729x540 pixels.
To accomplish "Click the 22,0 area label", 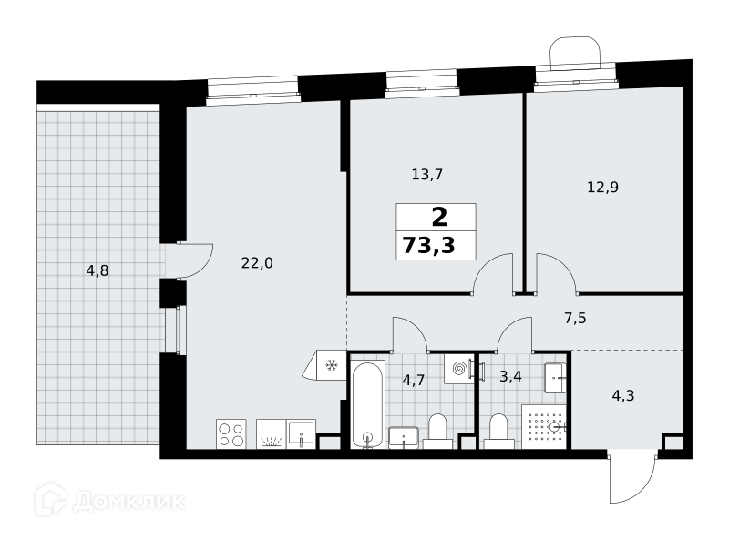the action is pos(257,263).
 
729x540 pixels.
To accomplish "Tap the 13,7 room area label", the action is pos(427,175).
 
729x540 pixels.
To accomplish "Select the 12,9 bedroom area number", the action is pos(603,188).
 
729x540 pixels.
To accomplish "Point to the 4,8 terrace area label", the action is pos(98,270).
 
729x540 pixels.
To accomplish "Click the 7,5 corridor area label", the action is pos(575,319).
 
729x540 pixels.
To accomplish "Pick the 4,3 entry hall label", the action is pos(623,396).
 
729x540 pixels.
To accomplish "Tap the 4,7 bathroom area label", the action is pos(414,381).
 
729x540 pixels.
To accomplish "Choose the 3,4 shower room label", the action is pos(510,376).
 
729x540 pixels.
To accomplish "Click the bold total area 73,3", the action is pos(428,245).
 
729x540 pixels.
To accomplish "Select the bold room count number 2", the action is pos(439,217).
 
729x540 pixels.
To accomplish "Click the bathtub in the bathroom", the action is pos(367,403).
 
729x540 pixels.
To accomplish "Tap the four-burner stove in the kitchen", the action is pos(231,434).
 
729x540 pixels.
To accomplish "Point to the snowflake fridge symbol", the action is pos(331,365).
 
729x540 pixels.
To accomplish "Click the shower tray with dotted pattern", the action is pos(543,426).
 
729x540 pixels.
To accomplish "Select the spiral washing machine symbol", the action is pos(459,369).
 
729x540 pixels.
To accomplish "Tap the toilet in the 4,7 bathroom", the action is pos(437,432).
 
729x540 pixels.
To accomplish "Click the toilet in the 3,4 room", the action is pos(498,432).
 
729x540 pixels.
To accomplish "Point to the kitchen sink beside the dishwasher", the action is pos(302,434).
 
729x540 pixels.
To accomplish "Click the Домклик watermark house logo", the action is pos(51,500).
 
